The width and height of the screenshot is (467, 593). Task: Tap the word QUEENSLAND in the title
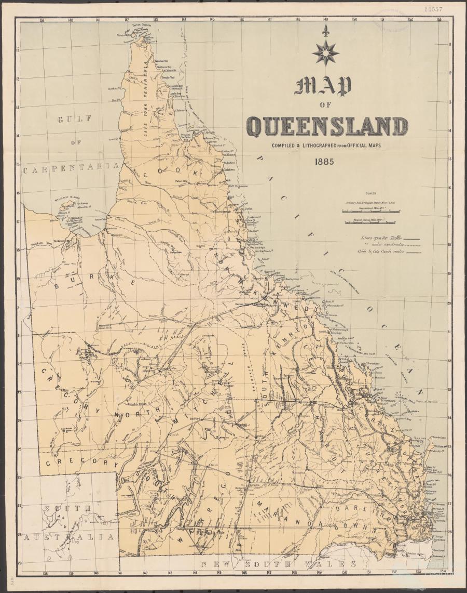(327, 126)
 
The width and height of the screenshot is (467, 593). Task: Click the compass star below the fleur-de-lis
(325, 52)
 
